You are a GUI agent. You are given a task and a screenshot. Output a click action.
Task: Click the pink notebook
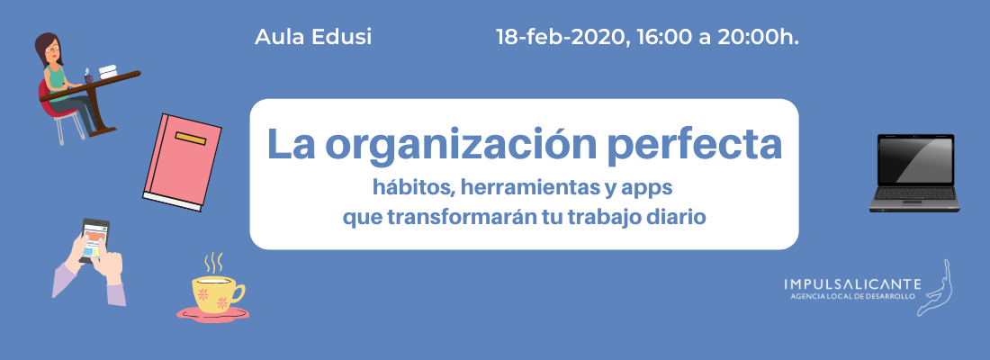pyautogui.click(x=183, y=162)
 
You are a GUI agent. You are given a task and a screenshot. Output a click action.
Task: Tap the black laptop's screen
pyautogui.click(x=914, y=160)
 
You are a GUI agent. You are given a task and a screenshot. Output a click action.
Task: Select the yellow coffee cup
pyautogui.click(x=217, y=293)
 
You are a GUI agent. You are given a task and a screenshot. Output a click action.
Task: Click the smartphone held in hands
pyautogui.click(x=94, y=240)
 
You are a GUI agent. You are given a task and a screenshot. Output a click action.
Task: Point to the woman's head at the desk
pyautogui.click(x=49, y=48)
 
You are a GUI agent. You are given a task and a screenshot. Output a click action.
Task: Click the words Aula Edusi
pyautogui.click(x=313, y=37)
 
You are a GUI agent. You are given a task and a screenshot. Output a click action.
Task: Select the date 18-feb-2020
pyautogui.click(x=562, y=37)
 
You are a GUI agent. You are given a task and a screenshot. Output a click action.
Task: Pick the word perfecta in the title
pyautogui.click(x=691, y=145)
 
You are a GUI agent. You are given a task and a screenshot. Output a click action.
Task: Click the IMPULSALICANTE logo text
pyautogui.click(x=851, y=284)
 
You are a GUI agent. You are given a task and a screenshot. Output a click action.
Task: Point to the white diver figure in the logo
pyautogui.click(x=937, y=287)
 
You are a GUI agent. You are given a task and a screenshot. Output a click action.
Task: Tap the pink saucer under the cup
pyautogui.click(x=212, y=312)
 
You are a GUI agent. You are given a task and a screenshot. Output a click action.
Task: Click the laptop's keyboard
pyautogui.click(x=914, y=193)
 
